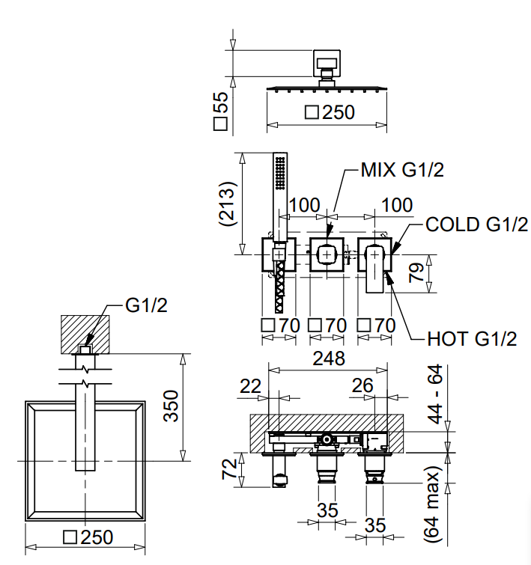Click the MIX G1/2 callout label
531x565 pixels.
(x=402, y=169)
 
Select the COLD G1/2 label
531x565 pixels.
(x=476, y=224)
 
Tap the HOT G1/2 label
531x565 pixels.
(x=472, y=339)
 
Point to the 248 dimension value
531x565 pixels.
(x=329, y=358)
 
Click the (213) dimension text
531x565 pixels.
(x=228, y=204)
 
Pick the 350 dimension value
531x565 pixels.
(x=171, y=406)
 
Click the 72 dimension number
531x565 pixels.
(x=229, y=468)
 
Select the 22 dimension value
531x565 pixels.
(x=250, y=387)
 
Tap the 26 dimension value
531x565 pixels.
(x=362, y=385)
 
